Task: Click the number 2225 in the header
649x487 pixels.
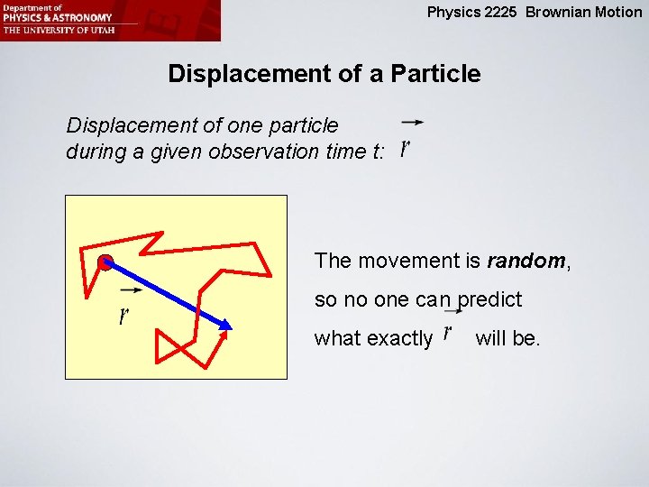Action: point(506,13)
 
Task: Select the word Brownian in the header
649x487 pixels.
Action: point(559,13)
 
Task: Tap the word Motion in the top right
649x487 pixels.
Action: point(618,13)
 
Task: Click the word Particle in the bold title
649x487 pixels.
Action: point(435,74)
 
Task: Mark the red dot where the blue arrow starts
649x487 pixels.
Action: point(105,263)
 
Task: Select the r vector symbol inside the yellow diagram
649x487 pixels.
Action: point(124,315)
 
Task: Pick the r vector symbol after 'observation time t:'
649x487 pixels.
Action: point(406,147)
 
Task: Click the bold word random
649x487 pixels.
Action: point(525,262)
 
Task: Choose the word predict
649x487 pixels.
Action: point(490,299)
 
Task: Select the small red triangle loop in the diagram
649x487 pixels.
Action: point(169,347)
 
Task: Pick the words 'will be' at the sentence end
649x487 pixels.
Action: point(507,339)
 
